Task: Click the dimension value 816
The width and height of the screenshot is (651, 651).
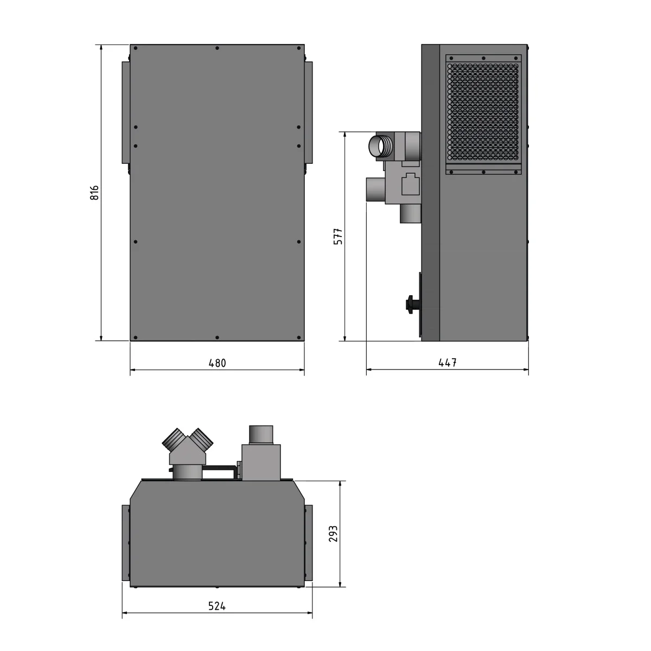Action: click(94, 193)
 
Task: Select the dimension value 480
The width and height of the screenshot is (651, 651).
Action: click(217, 363)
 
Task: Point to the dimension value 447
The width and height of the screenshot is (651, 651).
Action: click(448, 363)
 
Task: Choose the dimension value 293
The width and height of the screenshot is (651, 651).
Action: click(333, 533)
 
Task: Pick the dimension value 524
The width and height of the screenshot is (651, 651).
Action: click(217, 606)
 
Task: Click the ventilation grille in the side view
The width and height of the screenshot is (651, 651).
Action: click(483, 113)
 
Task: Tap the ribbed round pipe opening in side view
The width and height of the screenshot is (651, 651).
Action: click(378, 146)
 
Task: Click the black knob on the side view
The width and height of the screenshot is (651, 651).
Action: click(411, 304)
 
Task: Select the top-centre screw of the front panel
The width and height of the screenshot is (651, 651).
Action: click(217, 48)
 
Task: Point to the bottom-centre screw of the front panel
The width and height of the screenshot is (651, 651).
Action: click(217, 338)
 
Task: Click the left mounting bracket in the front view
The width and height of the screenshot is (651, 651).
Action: click(126, 112)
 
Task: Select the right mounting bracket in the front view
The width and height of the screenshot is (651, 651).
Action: click(309, 112)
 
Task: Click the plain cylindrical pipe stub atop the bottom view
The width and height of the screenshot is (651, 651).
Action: click(261, 434)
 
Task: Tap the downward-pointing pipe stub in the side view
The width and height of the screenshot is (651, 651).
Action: click(410, 213)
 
